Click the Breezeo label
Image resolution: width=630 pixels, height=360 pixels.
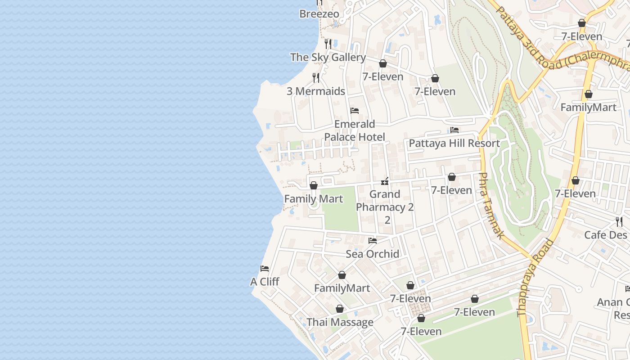[x=319, y=14]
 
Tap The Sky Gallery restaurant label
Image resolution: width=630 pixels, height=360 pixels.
[x=328, y=57]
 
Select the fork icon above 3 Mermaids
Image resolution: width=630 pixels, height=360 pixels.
[x=316, y=78]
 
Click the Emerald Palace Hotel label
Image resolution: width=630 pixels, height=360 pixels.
[x=355, y=130]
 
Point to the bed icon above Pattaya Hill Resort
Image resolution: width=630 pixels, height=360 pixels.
[x=454, y=130]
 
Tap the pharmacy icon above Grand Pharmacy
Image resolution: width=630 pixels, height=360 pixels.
[x=385, y=181]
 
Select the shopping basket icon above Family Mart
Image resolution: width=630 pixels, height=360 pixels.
[x=314, y=185]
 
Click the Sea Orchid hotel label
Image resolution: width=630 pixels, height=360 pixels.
[x=372, y=254]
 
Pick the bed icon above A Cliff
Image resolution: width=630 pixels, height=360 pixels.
[x=265, y=269]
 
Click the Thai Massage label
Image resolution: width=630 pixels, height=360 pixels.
[x=340, y=322]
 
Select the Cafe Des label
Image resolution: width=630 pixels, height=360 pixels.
[x=605, y=235]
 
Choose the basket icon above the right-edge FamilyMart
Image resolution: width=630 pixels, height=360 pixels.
[x=588, y=94]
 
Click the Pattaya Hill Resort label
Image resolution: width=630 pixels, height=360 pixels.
[x=454, y=144]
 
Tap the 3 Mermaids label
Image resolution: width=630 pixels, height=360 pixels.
[x=316, y=91]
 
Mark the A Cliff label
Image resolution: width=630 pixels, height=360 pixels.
[x=265, y=282]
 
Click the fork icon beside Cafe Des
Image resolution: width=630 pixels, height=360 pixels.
[x=619, y=221]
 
